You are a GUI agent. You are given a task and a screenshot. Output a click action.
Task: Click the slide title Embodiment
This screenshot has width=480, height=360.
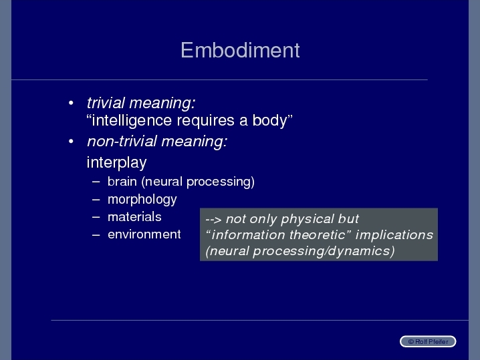(x=240, y=50)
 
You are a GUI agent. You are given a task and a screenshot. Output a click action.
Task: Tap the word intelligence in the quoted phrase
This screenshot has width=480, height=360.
(x=132, y=120)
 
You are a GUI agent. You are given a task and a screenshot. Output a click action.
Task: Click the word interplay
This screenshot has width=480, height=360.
(x=116, y=162)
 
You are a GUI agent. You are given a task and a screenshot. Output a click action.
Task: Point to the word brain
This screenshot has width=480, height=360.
(x=122, y=182)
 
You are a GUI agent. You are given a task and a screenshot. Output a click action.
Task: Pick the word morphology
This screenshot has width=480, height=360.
(x=142, y=200)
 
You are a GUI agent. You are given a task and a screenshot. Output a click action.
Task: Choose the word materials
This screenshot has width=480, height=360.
(x=134, y=217)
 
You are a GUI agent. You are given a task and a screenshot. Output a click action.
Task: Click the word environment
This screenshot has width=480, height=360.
(x=144, y=234)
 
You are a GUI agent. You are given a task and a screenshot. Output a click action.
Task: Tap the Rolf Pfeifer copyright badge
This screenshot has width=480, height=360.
(x=428, y=341)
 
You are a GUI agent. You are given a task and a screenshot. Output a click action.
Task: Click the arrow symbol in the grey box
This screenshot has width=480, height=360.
(x=213, y=220)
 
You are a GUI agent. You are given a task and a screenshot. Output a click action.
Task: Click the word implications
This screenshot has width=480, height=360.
(x=394, y=235)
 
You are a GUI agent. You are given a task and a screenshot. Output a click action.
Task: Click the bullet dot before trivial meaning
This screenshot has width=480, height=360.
(x=71, y=103)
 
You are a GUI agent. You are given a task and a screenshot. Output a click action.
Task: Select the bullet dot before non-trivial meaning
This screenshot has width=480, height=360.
(x=71, y=142)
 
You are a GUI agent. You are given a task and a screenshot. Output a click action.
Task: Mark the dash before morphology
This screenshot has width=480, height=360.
(x=96, y=200)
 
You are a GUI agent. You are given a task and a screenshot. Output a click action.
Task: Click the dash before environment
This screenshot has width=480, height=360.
(x=96, y=235)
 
